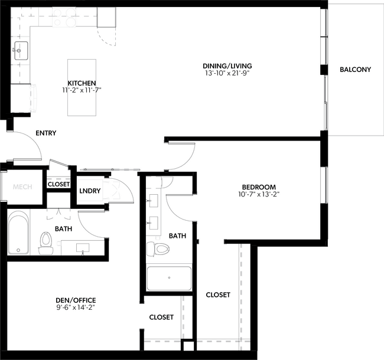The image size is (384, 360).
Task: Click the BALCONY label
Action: coord(355,70)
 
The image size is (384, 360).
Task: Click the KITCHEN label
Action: coord(82,83)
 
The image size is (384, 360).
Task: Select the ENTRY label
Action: coord(45,133)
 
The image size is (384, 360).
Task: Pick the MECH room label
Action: coord(22,186)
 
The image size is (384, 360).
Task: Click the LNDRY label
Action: coord(89,191)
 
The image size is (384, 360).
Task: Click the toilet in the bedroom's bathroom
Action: coord(159,248)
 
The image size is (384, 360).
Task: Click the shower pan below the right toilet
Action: coord(169,278)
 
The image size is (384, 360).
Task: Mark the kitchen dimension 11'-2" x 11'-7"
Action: coord(82,91)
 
